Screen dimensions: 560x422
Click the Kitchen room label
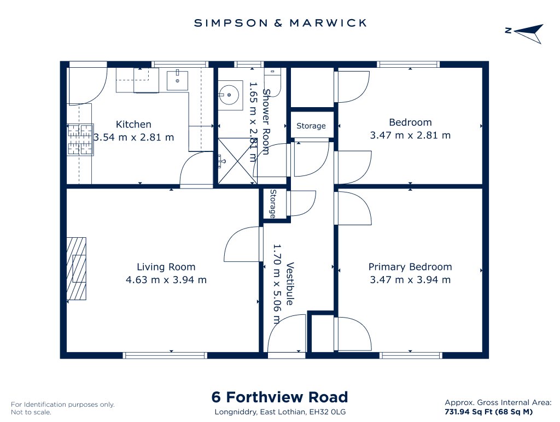pos(133,124)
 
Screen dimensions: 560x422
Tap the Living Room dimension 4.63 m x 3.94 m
pos(166,279)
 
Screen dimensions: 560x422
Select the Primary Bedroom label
pos(410,267)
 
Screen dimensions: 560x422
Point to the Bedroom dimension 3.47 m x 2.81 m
pos(410,136)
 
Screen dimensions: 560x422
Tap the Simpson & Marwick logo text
pos(281,23)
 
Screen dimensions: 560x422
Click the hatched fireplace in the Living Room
pos(77,268)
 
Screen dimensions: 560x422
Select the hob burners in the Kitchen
pos(80,139)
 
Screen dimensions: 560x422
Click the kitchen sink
pos(177,80)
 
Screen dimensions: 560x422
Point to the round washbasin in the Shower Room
pos(229,95)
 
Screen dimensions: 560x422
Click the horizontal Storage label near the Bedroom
pos(311,126)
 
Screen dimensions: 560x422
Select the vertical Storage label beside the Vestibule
pos(273,204)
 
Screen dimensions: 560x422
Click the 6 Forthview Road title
pos(279,397)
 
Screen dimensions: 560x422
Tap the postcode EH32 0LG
pos(328,412)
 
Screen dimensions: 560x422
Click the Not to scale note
pos(31,412)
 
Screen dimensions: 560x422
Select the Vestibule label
pos(290,284)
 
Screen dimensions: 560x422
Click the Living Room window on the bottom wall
pos(165,355)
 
